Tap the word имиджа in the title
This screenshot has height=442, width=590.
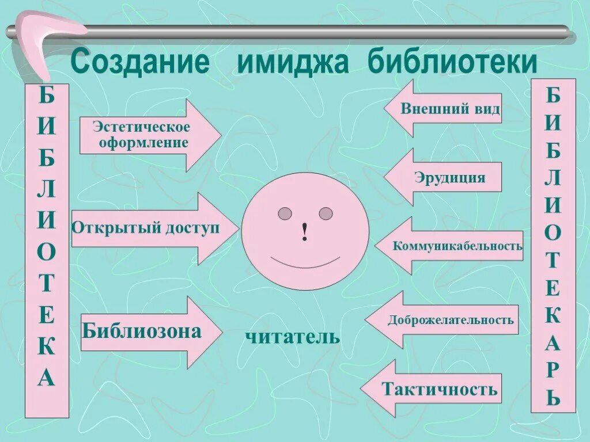pyautogui.click(x=292, y=62)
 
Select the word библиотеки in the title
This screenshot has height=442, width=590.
pyautogui.click(x=453, y=62)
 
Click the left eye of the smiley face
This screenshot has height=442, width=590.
pyautogui.click(x=285, y=214)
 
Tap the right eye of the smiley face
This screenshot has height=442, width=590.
pyautogui.click(x=326, y=214)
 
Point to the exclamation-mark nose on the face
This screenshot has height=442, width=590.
pyautogui.click(x=305, y=231)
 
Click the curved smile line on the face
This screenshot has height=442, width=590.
pyautogui.click(x=305, y=265)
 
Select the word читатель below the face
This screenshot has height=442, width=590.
pyautogui.click(x=292, y=337)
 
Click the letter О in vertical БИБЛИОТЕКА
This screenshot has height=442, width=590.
pyautogui.click(x=47, y=252)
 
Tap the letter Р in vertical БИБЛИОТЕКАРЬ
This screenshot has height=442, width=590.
pyautogui.click(x=553, y=369)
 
